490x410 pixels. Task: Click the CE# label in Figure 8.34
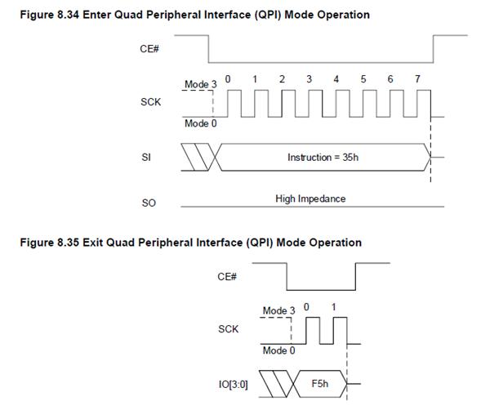tap(149, 49)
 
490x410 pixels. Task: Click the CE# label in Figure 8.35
tap(227, 277)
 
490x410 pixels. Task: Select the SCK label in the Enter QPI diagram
tap(150, 102)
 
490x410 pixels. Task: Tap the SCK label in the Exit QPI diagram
tap(229, 329)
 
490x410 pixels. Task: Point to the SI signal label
tap(146, 157)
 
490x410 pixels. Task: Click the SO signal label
tap(149, 203)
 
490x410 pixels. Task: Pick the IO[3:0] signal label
tap(233, 384)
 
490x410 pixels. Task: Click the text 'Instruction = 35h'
tap(323, 157)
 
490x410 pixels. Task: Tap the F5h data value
tap(320, 383)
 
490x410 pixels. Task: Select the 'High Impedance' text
tap(310, 198)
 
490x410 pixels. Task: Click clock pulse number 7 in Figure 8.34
tap(417, 79)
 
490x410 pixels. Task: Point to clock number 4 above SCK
tap(336, 79)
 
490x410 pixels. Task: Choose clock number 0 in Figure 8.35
tap(306, 307)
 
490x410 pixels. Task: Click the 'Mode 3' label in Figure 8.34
tap(201, 84)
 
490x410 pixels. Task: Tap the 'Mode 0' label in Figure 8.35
tap(278, 350)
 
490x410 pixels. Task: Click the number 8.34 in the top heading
tap(68, 15)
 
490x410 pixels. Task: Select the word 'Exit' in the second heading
tap(93, 243)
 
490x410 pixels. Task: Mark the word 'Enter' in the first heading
tap(97, 15)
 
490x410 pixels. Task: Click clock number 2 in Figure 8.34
tap(282, 79)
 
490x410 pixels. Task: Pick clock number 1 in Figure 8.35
tap(334, 307)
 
